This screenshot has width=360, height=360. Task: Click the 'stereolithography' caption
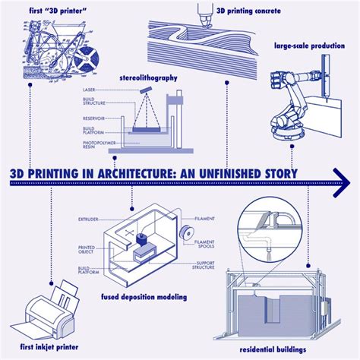click(x=149, y=77)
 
